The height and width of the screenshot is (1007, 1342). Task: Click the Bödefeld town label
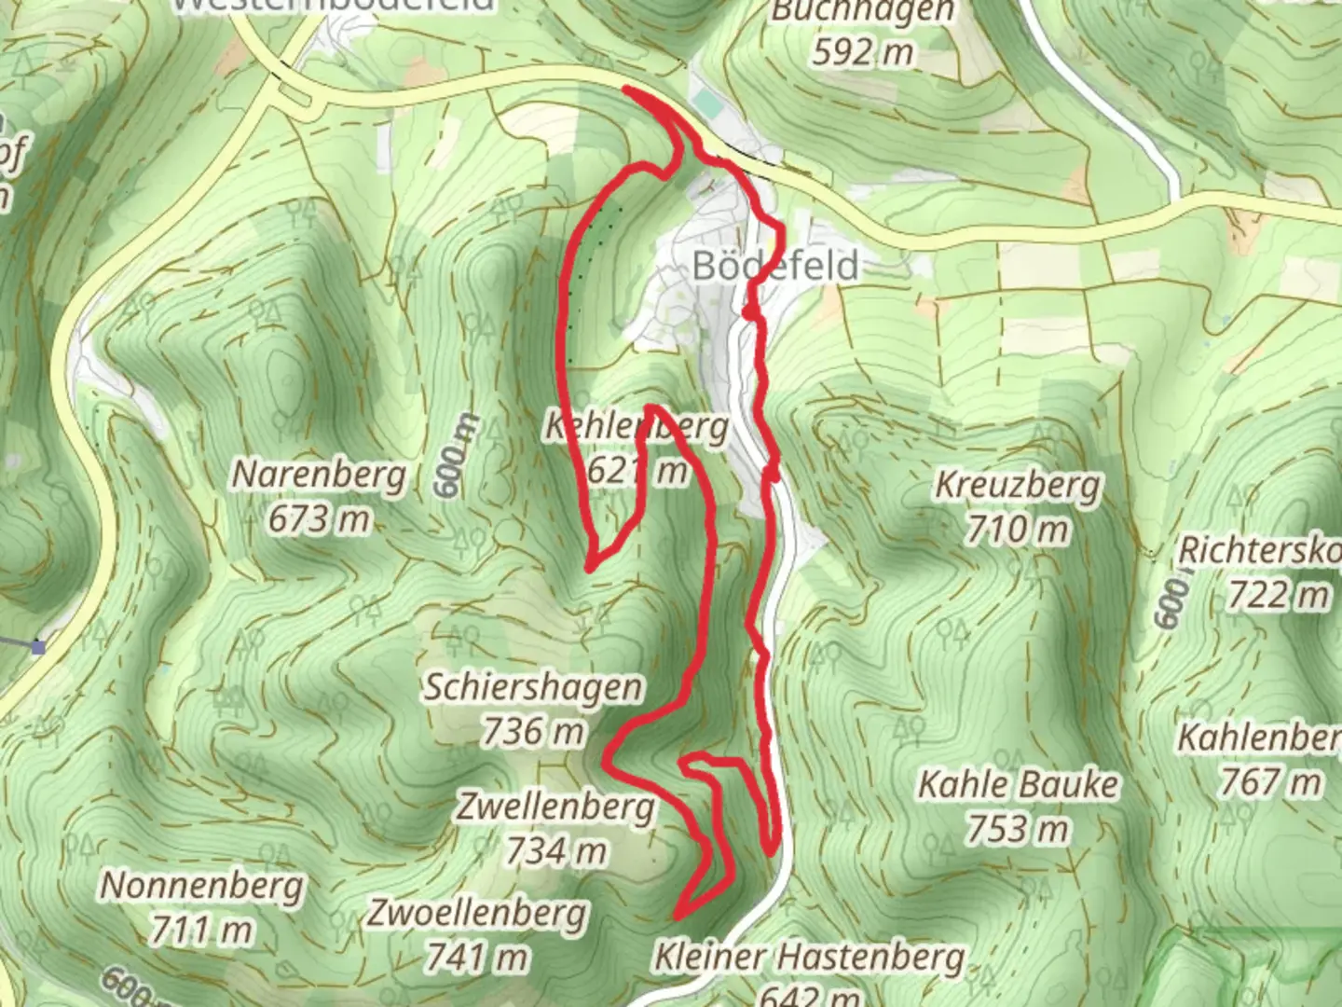point(775,266)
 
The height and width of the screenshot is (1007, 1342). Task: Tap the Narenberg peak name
point(319,475)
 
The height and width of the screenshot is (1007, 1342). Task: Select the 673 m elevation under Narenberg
point(319,519)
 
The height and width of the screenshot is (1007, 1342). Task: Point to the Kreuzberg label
point(1017,486)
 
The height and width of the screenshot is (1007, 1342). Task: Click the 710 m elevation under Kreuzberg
point(1017,531)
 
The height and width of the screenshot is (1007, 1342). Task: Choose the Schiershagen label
point(533,687)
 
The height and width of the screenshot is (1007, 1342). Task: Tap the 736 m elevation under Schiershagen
point(533,733)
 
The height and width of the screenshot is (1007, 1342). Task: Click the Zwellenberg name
point(555,806)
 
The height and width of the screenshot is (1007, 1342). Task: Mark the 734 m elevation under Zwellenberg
point(555,850)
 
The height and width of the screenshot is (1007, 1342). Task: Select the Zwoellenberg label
point(477,913)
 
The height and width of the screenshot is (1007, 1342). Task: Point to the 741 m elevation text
point(477,958)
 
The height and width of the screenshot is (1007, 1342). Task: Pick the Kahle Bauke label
point(1018,784)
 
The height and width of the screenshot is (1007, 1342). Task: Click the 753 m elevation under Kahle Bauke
point(1018,829)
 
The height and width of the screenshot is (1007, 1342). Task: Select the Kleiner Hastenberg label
point(809,957)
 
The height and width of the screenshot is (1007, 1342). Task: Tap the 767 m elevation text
point(1270,782)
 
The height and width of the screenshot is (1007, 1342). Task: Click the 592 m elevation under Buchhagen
point(862,52)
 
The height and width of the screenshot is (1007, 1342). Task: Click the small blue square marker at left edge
point(37,647)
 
